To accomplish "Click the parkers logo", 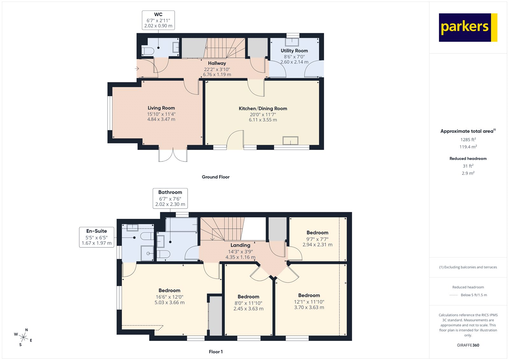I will click(468, 27).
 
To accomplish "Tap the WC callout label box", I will click(158, 20).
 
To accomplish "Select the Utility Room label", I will click(294, 51).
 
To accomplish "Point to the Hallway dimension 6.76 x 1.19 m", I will click(217, 74).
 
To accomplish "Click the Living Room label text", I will click(161, 108).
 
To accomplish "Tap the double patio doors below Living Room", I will click(173, 155).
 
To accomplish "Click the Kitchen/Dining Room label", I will click(263, 109).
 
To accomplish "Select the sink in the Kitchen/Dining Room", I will click(290, 140).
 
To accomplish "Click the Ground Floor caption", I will click(215, 177).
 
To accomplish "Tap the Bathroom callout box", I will click(170, 198).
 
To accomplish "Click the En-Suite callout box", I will click(96, 237).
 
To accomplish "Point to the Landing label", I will click(240, 245).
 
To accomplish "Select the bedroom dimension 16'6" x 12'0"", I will click(169, 297).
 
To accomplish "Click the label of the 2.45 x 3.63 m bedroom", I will click(248, 297).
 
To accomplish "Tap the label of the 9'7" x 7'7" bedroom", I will click(317, 233).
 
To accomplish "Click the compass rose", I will click(23, 337).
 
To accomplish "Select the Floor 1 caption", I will click(216, 352).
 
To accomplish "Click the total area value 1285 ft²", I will click(468, 139).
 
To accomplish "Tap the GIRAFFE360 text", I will click(468, 345).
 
